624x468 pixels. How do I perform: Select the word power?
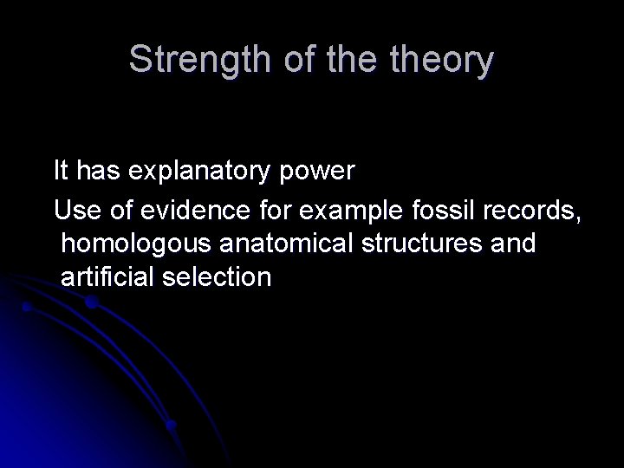(319, 172)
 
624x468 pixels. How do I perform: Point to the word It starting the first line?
(61, 170)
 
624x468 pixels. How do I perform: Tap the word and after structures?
(513, 244)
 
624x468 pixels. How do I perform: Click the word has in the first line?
(98, 170)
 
